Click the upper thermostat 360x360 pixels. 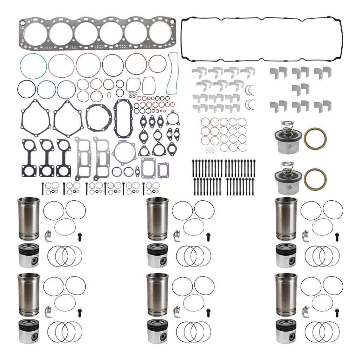click(286, 137)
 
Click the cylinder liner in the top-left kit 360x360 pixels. click(29, 218)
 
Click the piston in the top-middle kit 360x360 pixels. click(157, 256)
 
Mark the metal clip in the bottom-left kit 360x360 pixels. click(48, 311)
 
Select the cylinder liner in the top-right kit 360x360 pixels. click(286, 218)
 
